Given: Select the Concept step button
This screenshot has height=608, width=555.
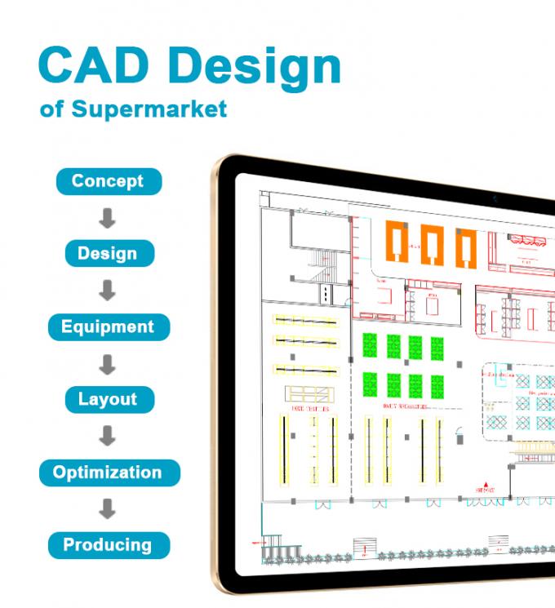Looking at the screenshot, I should [x=108, y=181].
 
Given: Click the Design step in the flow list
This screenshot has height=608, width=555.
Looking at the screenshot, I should [x=108, y=253].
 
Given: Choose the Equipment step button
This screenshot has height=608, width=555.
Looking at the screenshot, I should [x=108, y=327].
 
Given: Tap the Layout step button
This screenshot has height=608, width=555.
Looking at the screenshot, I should [x=108, y=400].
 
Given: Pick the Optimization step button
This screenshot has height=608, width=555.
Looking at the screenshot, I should [x=108, y=472].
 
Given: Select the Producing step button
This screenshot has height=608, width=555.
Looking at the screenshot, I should [x=108, y=544].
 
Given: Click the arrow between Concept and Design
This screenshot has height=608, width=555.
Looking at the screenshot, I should [x=107, y=218].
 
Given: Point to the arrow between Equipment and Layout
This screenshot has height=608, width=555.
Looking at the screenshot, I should [x=107, y=364].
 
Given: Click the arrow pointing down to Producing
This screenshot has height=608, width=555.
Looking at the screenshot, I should [x=107, y=509].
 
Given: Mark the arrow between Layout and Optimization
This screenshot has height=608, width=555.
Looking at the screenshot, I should [x=107, y=437].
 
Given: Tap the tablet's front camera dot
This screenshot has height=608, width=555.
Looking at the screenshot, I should [x=495, y=198].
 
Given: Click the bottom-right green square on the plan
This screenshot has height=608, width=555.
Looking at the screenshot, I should [x=437, y=384].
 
